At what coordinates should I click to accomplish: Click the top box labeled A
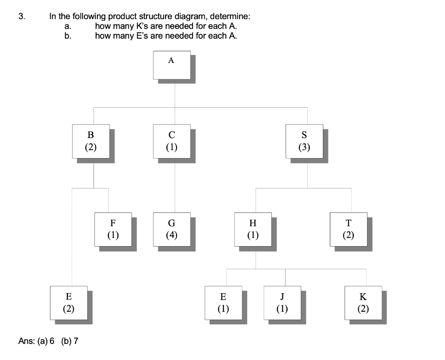coord(172,65)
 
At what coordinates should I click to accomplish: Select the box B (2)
coord(91,141)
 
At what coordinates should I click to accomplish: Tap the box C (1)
coord(172,141)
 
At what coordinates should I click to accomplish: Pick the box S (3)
coord(304,141)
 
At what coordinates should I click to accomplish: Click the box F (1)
coord(113,229)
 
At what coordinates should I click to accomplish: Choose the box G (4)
coord(172,229)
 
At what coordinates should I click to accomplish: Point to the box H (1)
coord(253,229)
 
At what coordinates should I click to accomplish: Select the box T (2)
coord(348,229)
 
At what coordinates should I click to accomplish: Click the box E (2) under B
coord(69,303)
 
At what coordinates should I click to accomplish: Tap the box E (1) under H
coord(223,303)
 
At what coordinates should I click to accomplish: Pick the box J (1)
coord(282,303)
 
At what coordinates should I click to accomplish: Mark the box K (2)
coord(363,303)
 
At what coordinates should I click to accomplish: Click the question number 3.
coord(22,17)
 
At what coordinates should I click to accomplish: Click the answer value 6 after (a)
coord(52,341)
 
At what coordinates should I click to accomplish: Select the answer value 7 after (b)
coord(76,341)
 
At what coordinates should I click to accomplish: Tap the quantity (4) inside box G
coord(172,235)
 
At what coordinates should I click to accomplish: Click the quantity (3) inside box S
coord(304,147)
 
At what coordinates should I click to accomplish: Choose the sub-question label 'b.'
coord(67,36)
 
